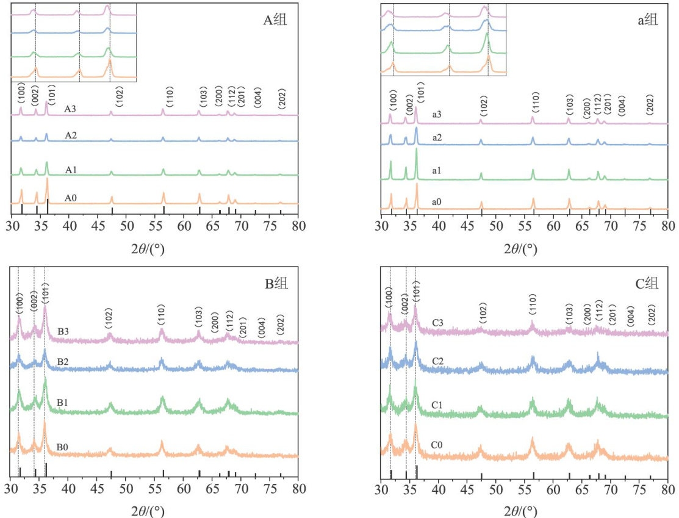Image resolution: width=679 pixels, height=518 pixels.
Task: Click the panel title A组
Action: [x=275, y=21]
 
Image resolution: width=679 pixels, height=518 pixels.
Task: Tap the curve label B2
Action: [x=63, y=362]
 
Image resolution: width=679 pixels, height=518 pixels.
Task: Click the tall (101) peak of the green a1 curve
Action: [x=417, y=149]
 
